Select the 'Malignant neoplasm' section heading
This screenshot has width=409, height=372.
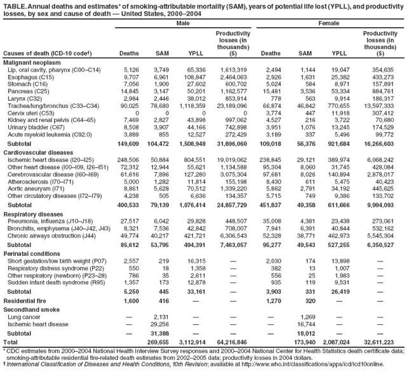tap(30, 62)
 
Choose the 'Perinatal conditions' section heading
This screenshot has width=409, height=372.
tap(32, 253)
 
